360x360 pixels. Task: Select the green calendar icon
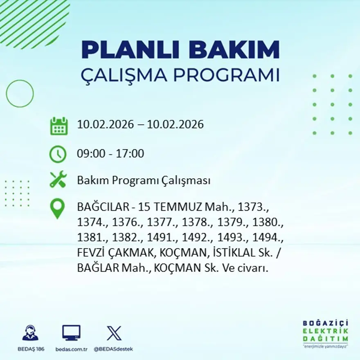pyautogui.click(x=59, y=126)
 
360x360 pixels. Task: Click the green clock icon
pyautogui.click(x=58, y=154)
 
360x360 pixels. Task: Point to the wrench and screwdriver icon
pyautogui.click(x=58, y=180)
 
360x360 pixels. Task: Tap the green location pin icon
pyautogui.click(x=57, y=208)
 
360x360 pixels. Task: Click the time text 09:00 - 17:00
pyautogui.click(x=110, y=154)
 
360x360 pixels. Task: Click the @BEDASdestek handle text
pyautogui.click(x=113, y=349)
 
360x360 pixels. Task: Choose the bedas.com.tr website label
pyautogui.click(x=71, y=349)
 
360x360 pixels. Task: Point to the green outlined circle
pyautogui.click(x=20, y=94)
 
